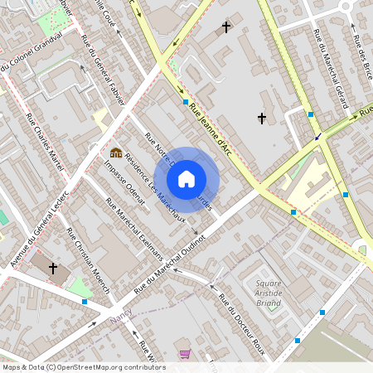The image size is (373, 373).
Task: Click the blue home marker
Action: pyautogui.click(x=186, y=179)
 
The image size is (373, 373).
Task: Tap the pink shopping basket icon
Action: pyautogui.click(x=184, y=353)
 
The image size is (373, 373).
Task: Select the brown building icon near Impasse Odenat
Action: pyautogui.click(x=116, y=153)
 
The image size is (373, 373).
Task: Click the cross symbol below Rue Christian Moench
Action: pyautogui.click(x=54, y=269)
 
